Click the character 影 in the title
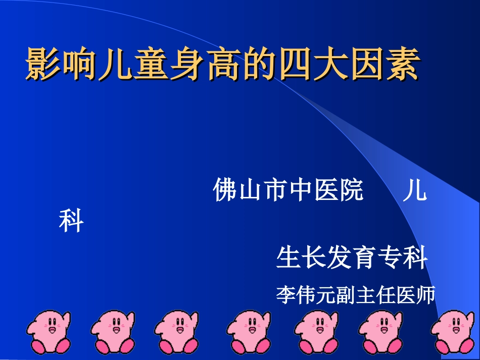[x=41, y=65]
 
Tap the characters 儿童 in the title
[x=124, y=65]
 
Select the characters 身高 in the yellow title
[x=189, y=65]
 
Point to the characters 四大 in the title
[x=321, y=65]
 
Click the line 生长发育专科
[x=352, y=258]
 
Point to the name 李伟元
[x=302, y=294]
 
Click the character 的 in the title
[x=255, y=65]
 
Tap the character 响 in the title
[x=74, y=65]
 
